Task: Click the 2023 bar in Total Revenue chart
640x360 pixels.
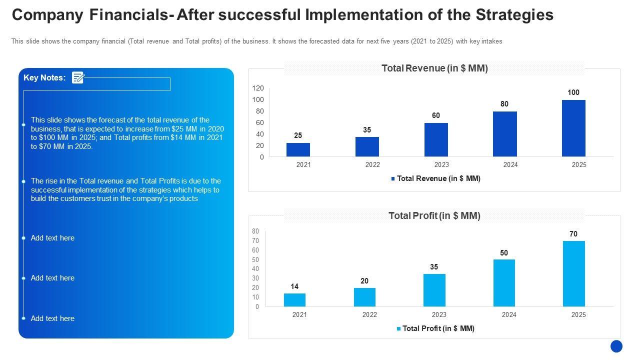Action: point(436,140)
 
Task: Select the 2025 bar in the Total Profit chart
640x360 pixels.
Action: point(573,274)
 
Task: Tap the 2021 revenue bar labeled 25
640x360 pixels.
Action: point(298,150)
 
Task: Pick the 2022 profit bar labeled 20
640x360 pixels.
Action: point(364,297)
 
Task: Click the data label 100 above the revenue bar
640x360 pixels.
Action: point(573,92)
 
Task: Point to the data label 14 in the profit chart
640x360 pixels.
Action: point(294,286)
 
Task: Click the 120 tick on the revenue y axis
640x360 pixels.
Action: point(258,88)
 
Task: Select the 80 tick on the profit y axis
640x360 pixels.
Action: point(255,231)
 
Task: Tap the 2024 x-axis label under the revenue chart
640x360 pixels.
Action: point(510,165)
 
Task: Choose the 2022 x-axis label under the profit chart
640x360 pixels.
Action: point(369,314)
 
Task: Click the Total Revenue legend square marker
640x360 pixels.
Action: point(393,178)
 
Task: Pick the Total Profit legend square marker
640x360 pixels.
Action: point(398,328)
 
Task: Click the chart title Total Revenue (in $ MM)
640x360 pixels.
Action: point(434,68)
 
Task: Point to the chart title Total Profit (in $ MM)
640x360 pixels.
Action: point(434,215)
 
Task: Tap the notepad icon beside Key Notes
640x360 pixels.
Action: point(78,77)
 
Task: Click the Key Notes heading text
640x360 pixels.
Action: point(44,77)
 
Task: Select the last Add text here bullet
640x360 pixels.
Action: point(52,318)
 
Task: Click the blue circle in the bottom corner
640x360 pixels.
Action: point(616,346)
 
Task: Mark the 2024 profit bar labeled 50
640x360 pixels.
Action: point(504,283)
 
